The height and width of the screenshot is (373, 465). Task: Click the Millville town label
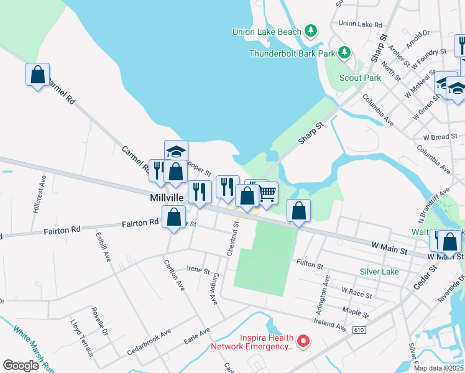pos(167,197)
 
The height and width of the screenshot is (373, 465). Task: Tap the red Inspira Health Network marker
pos(303,340)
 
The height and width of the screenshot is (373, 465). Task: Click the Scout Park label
pos(361,78)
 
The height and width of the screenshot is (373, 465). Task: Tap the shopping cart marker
pos(267,193)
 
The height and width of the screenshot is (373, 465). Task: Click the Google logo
pos(21,366)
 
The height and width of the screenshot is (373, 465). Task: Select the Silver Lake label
pos(379,272)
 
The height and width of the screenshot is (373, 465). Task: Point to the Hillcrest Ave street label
pos(39,193)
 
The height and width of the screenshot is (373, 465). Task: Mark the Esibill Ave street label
pos(103,247)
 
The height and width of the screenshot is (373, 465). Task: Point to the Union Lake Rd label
pos(360,24)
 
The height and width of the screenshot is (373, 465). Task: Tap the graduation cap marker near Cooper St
pos(176,151)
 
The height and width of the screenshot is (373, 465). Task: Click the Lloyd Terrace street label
pos(81,338)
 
